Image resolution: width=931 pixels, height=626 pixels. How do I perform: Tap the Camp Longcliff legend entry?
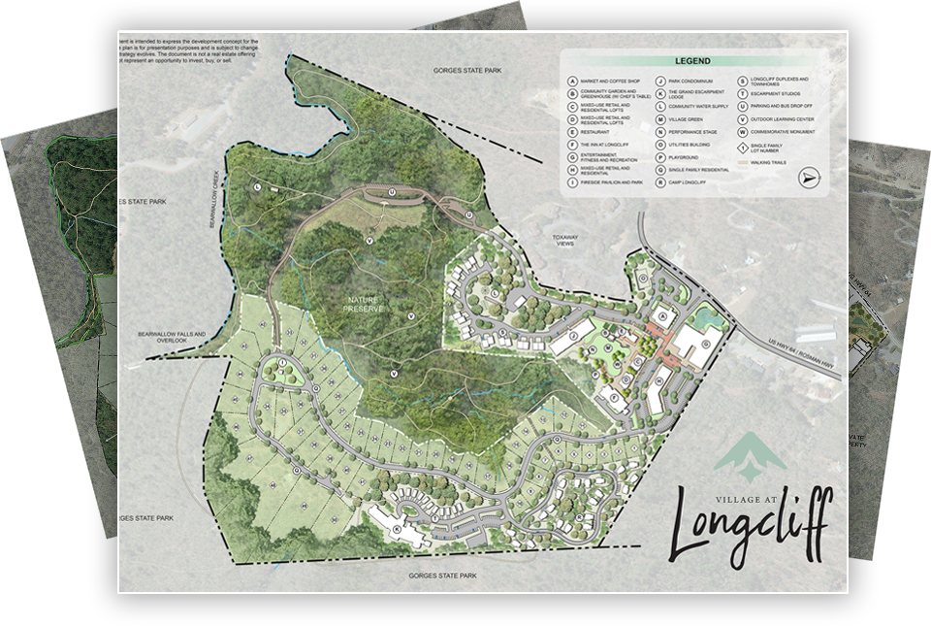tap(685, 181)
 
